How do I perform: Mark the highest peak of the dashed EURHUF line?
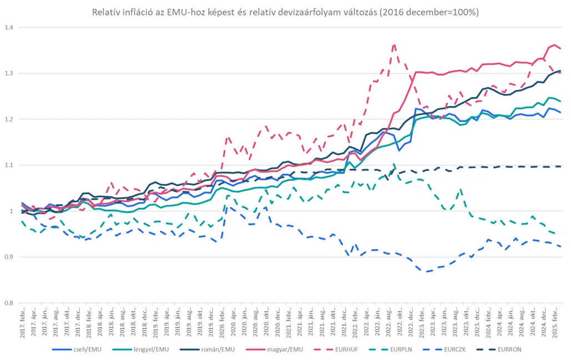tap(394, 44)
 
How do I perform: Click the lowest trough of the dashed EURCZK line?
tap(427, 272)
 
